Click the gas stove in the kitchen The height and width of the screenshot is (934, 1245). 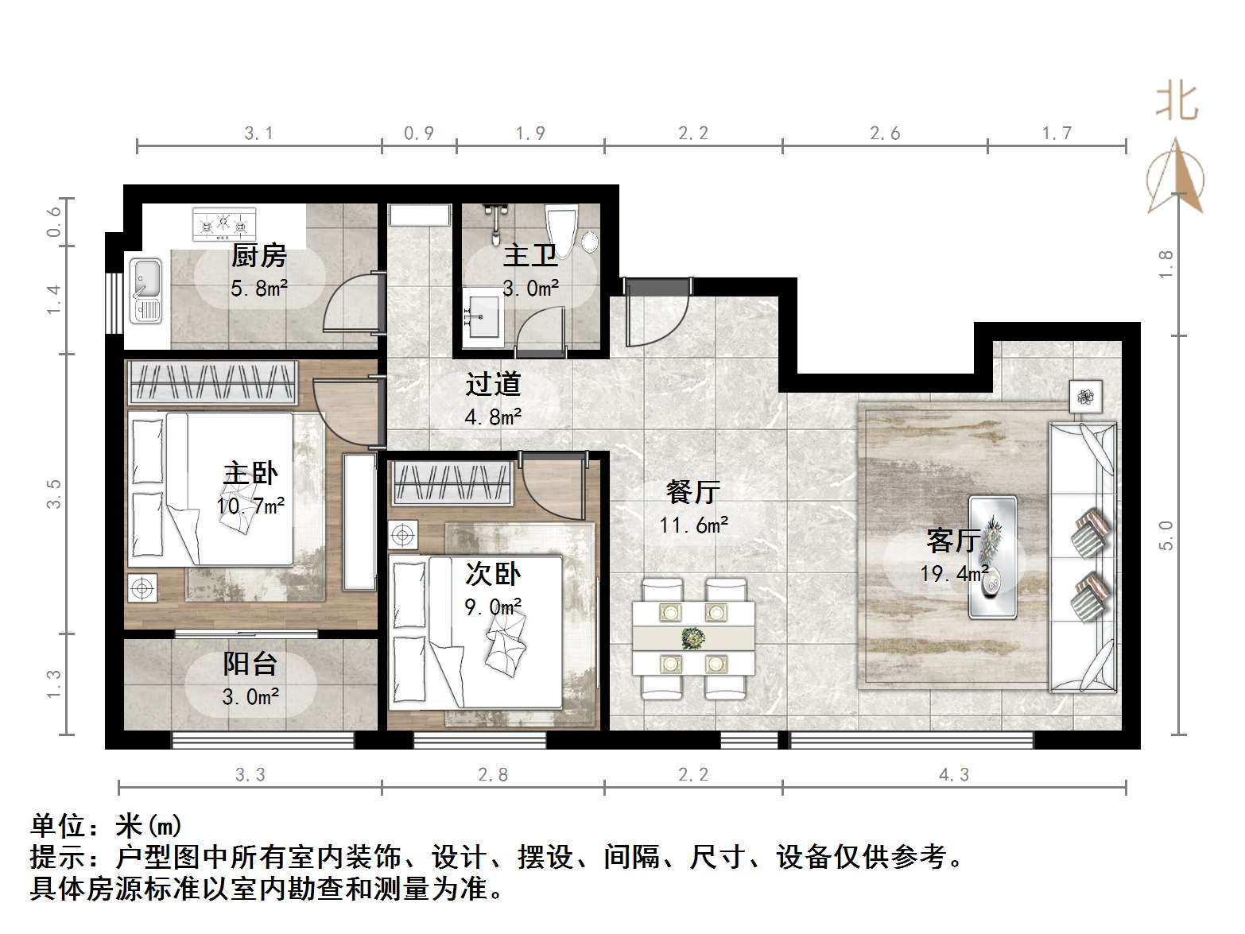pos(225,224)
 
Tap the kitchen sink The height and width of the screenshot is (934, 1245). pos(145,290)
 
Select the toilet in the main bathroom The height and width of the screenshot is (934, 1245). pos(562,230)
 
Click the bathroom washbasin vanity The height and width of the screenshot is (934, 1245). pos(483,320)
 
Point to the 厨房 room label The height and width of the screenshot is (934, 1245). pos(258,256)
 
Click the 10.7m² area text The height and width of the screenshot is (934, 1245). pos(250,506)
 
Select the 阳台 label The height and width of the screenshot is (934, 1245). pos(250,664)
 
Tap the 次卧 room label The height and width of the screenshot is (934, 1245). pos(493,574)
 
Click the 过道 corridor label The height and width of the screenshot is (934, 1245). pos(493,384)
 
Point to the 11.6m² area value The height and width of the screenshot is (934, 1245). pos(693,525)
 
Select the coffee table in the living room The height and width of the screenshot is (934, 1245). pos(992,556)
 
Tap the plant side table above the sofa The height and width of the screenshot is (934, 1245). pos(1086,396)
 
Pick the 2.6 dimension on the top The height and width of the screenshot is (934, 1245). pos(885,134)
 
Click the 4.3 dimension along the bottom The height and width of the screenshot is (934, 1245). pos(954,774)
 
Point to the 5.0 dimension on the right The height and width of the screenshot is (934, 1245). pos(1166,535)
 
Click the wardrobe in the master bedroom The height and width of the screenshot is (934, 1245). pos(211,383)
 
